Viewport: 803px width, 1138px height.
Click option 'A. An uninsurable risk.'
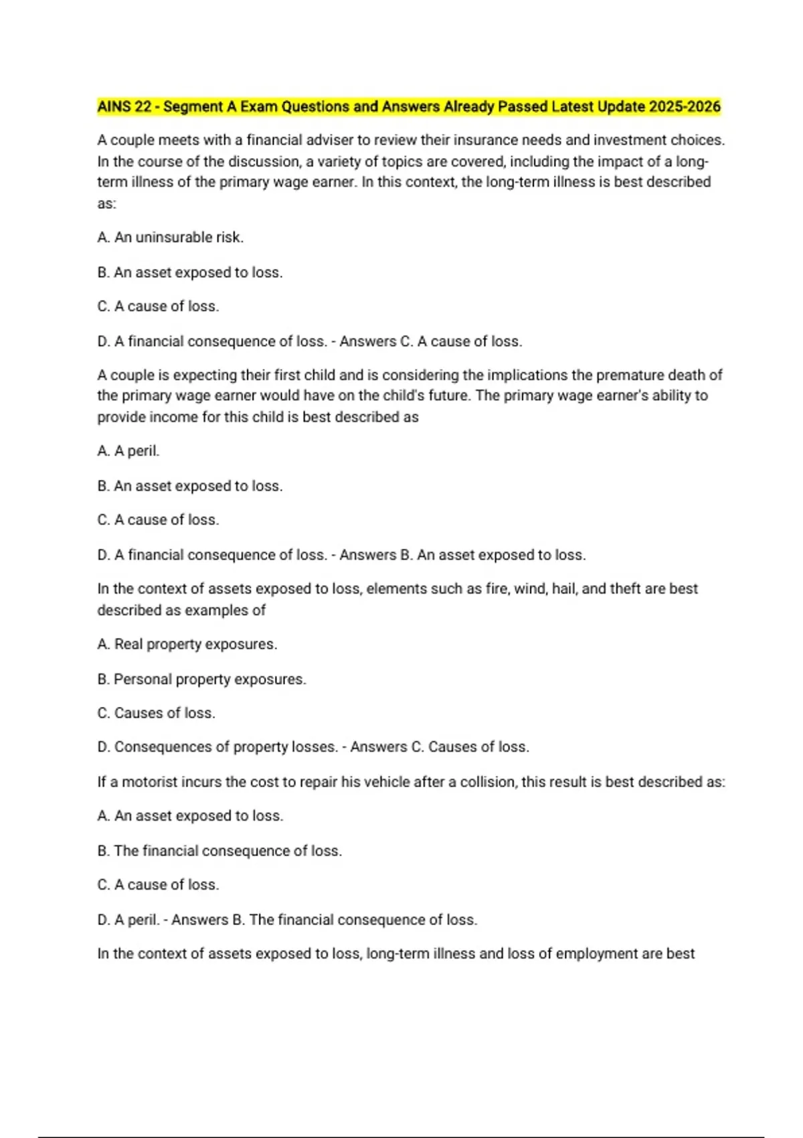click(170, 238)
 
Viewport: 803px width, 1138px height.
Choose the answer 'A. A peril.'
click(128, 451)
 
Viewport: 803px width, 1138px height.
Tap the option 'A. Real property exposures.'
click(187, 644)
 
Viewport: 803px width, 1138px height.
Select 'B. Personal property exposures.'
click(201, 679)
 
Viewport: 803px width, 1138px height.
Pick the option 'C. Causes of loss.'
click(156, 713)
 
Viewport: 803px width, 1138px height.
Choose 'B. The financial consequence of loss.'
click(219, 851)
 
